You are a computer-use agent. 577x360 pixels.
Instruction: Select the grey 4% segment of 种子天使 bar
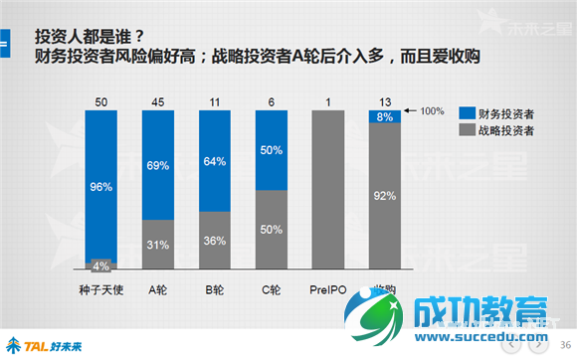(x=101, y=265)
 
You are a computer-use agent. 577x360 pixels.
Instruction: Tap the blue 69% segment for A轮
(x=158, y=164)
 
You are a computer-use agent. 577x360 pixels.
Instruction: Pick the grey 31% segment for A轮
(x=158, y=245)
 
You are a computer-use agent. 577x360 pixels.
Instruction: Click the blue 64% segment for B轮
(x=215, y=161)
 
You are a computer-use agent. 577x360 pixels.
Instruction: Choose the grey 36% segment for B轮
(x=215, y=241)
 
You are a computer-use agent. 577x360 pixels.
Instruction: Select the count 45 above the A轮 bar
(x=158, y=100)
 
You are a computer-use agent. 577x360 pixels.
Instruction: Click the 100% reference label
(x=430, y=110)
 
